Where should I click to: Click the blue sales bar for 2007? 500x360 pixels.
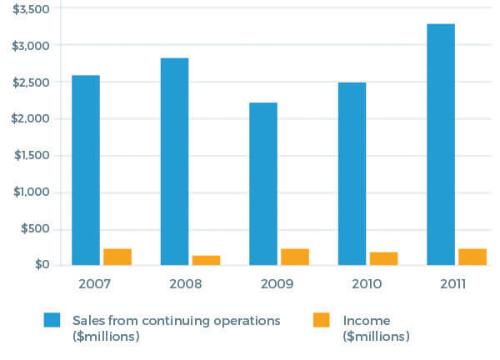click(x=86, y=170)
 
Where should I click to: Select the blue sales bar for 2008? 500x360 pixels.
click(x=174, y=162)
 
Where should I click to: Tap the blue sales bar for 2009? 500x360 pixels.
click(x=263, y=184)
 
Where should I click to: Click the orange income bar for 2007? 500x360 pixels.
click(x=117, y=257)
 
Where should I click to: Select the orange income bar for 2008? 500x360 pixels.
click(x=206, y=260)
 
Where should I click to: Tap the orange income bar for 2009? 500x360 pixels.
click(x=295, y=257)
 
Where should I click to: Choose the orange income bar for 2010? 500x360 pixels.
click(x=383, y=258)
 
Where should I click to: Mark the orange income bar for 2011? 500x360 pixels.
click(x=472, y=257)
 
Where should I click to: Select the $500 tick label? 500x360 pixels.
click(x=37, y=228)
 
